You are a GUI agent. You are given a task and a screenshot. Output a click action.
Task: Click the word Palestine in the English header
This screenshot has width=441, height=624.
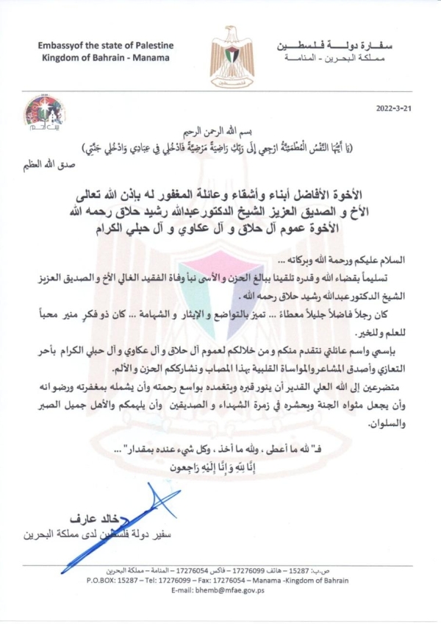149,44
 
